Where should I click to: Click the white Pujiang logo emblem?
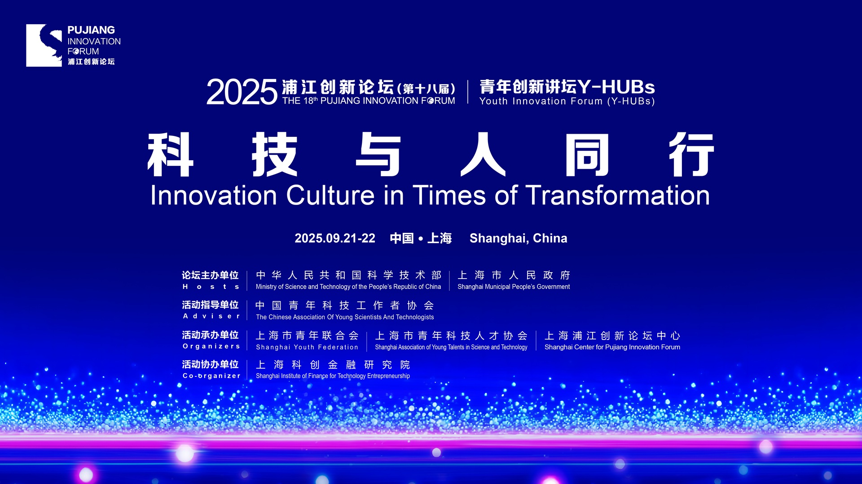click(44, 45)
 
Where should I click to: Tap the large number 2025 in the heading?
click(242, 92)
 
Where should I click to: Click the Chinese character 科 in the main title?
click(171, 154)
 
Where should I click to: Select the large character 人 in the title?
click(483, 154)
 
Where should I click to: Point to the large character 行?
click(691, 154)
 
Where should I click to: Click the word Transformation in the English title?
click(618, 196)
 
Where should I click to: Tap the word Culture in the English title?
click(330, 196)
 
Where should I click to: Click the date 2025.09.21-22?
click(335, 238)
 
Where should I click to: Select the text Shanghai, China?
click(519, 239)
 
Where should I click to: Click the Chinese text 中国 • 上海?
click(421, 238)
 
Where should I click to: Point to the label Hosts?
click(211, 287)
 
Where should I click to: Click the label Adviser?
click(211, 316)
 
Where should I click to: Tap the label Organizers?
click(211, 346)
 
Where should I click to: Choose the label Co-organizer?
click(211, 376)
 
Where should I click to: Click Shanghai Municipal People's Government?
click(514, 287)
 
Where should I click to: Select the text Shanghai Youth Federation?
click(307, 347)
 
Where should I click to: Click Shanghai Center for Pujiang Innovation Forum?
click(612, 347)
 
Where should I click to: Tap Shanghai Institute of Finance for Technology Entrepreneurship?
click(333, 376)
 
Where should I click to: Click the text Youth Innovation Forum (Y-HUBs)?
click(567, 101)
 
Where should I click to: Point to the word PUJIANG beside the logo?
click(91, 30)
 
